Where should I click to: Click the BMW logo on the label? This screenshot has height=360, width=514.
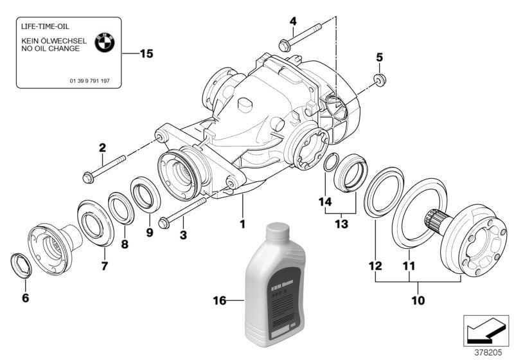coord(104,43)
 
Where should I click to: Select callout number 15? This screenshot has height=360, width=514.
coord(146,54)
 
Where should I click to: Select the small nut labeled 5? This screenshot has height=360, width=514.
coord(379,80)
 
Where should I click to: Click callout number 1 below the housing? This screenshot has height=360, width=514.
coord(243,224)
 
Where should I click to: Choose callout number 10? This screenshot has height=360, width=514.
coord(418,299)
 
